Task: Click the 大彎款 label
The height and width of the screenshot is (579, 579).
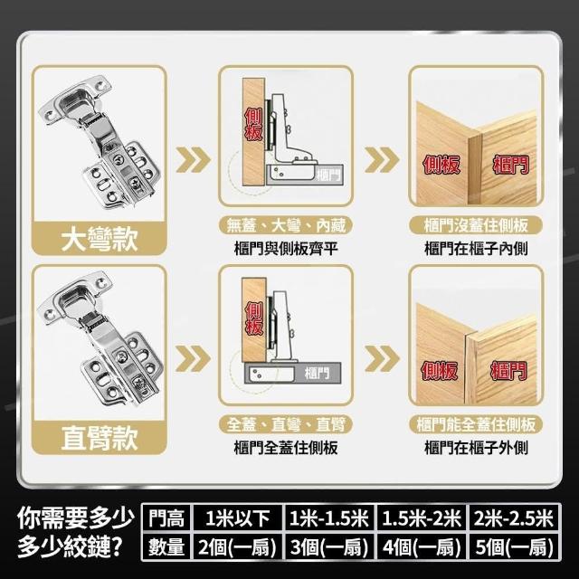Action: coord(100,239)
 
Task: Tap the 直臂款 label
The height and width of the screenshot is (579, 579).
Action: coord(100,438)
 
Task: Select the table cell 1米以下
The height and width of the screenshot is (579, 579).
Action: coord(237,518)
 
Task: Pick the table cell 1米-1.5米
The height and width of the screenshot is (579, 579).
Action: coord(329,518)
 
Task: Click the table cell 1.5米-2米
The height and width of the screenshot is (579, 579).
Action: coord(421,518)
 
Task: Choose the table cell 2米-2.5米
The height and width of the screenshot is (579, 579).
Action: coord(514,518)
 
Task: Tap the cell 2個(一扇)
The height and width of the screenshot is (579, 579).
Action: coord(237,546)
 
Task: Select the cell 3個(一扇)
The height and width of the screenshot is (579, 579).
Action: coord(329,546)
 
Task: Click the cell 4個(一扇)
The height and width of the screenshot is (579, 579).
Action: coord(421,546)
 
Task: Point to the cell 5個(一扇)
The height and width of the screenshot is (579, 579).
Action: coord(514,546)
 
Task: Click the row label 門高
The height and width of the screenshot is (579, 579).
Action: coord(166,518)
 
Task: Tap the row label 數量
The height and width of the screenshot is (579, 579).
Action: coord(166,546)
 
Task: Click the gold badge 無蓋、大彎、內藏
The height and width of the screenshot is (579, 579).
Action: coord(286,225)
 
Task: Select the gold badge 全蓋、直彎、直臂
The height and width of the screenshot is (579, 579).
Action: coord(286,424)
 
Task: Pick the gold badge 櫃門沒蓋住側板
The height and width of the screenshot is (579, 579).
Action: coord(476,225)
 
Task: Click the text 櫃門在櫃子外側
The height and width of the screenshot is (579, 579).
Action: coord(476,448)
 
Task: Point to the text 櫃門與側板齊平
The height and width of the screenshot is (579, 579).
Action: coord(286,248)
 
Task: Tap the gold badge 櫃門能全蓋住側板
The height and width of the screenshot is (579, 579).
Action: coord(476,424)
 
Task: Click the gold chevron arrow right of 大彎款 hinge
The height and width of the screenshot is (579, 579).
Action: coord(193,159)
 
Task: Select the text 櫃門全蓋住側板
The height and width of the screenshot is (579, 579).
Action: coord(286,448)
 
